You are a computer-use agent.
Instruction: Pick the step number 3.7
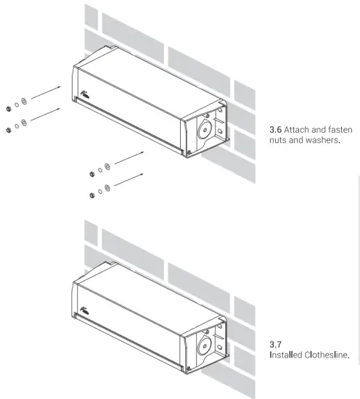(x=274, y=344)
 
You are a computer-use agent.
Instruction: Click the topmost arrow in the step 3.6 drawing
(x=46, y=91)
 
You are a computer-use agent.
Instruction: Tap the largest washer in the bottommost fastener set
(x=107, y=189)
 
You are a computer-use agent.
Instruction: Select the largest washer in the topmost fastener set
(x=25, y=100)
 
